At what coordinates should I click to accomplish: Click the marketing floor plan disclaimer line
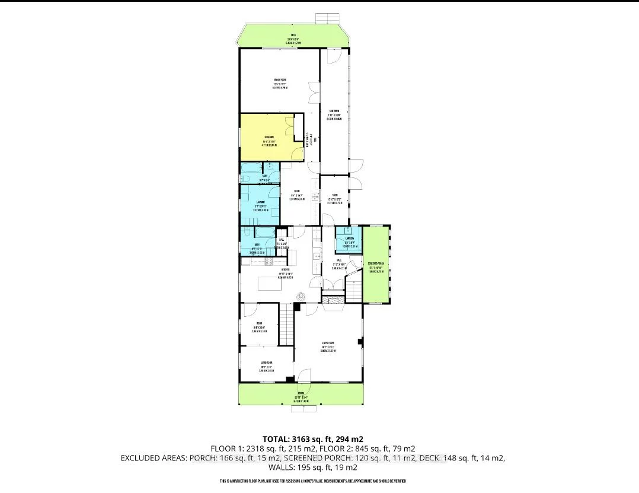tap(312, 481)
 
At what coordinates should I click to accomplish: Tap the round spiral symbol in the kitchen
tap(301, 295)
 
